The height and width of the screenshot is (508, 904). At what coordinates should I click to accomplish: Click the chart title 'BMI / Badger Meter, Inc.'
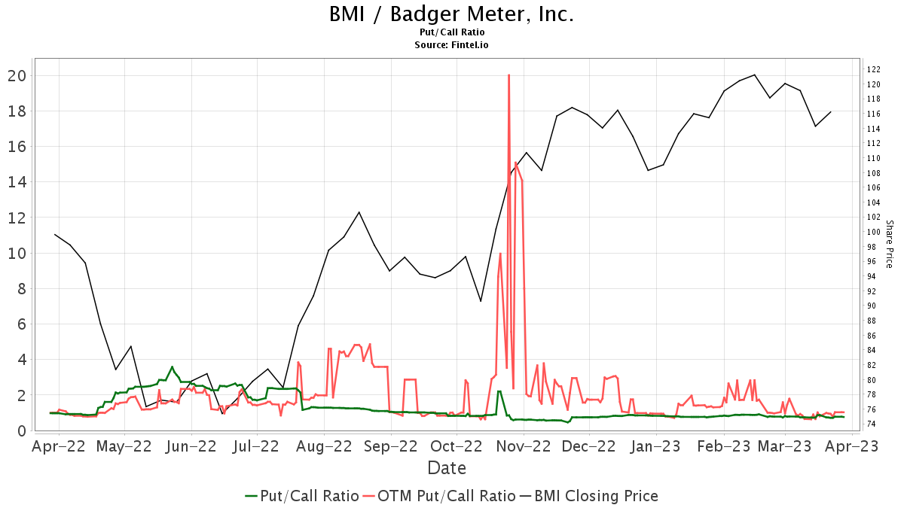[451, 14]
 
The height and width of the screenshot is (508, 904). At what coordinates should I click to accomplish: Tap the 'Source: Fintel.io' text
[451, 45]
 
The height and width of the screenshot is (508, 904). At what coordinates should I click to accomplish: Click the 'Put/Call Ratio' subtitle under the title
[451, 32]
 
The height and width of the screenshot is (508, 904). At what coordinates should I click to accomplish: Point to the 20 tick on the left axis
[17, 75]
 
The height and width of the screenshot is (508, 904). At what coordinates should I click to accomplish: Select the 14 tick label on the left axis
[17, 182]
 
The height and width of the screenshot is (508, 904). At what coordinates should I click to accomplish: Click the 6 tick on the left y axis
[22, 324]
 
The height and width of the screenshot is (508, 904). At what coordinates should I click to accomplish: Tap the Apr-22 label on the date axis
[59, 446]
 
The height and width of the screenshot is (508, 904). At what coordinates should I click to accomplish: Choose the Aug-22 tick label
[324, 446]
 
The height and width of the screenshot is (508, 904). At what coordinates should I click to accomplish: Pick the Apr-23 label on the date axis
[852, 446]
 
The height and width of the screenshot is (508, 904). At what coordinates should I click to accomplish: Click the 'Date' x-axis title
[447, 468]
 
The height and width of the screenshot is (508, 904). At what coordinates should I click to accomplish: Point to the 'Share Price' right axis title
[889, 244]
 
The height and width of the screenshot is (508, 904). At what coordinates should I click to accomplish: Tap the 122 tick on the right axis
[874, 69]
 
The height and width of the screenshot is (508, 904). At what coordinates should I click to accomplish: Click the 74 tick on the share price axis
[872, 424]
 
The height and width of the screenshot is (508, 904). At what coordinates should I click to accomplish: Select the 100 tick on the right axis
[874, 232]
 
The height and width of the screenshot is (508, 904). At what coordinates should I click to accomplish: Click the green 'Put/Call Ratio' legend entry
[301, 496]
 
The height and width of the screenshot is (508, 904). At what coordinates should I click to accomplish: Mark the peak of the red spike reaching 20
[509, 75]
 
